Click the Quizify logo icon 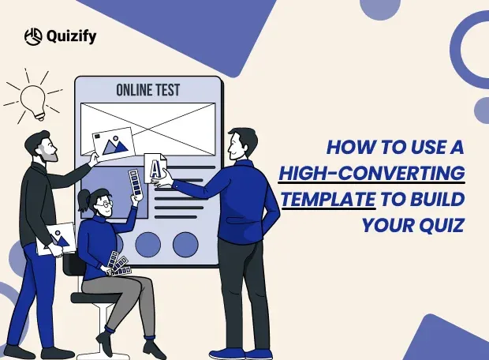click(x=32, y=36)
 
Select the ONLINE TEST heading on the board click(x=147, y=90)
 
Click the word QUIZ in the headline click(x=442, y=225)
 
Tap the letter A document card click(x=155, y=167)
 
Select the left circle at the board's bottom click(x=147, y=244)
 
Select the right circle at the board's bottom click(x=185, y=244)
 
